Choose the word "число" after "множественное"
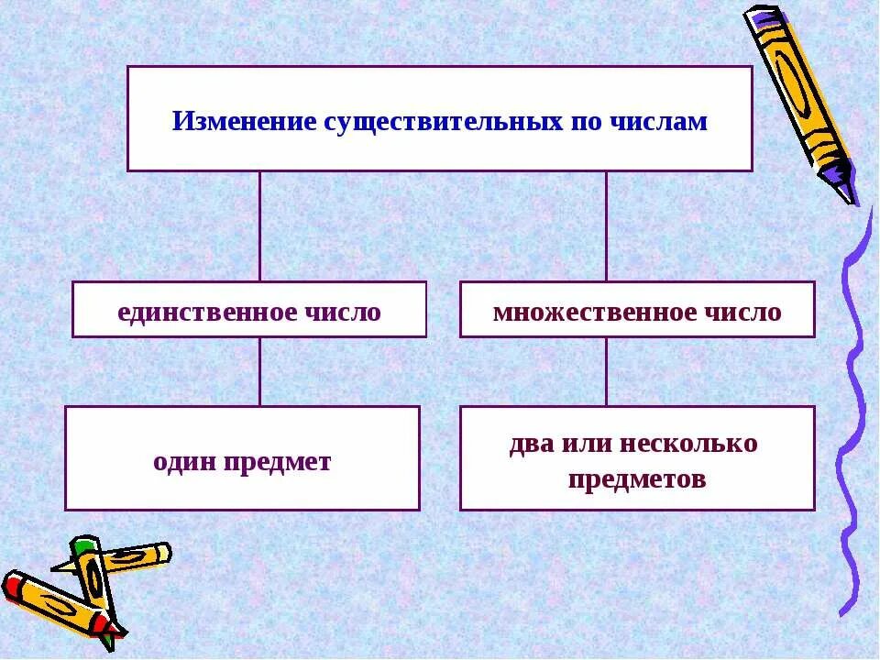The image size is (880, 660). (743, 312)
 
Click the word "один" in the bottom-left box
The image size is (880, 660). (184, 461)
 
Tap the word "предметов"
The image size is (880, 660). (636, 478)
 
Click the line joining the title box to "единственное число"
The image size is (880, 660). (259, 225)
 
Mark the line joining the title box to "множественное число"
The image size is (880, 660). (606, 225)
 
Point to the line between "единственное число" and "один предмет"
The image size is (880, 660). (259, 371)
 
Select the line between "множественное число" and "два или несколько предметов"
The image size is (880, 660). (606, 371)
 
